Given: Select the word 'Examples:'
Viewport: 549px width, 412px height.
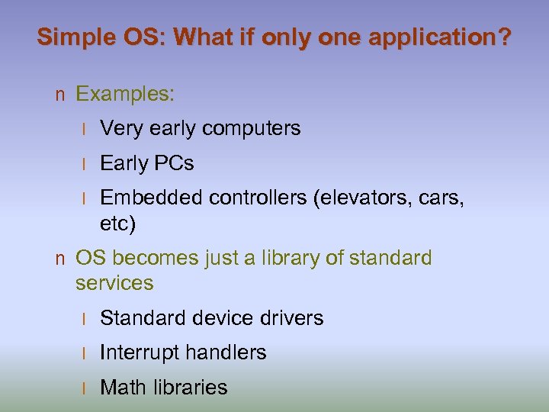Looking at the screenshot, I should pos(126,95).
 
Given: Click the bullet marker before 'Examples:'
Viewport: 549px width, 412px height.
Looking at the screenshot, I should pos(60,95).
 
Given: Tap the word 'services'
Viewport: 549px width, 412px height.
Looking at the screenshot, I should pos(114,283).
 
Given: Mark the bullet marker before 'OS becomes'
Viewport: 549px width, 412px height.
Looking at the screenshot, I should pos(60,259).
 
